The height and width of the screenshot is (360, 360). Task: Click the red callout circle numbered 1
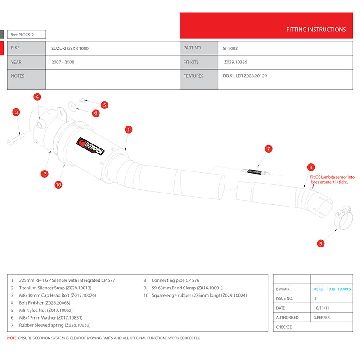click(129, 130)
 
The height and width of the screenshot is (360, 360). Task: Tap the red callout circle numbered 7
click(268, 148)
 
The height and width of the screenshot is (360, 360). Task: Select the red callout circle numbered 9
click(321, 243)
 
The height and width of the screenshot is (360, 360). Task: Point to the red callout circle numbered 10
click(58, 184)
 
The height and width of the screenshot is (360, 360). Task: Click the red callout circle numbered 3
click(16, 112)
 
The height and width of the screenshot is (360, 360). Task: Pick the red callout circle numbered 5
click(104, 105)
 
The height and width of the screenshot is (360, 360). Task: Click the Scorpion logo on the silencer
click(91, 146)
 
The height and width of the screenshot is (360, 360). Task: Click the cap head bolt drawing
click(16, 139)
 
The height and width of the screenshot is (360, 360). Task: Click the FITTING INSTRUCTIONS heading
click(316, 30)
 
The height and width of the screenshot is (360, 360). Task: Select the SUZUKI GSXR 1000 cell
click(70, 48)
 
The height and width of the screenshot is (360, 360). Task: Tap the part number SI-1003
click(230, 48)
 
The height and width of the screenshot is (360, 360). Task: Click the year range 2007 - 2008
click(63, 62)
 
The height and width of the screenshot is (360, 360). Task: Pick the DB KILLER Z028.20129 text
click(245, 76)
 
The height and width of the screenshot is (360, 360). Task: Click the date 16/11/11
click(321, 308)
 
